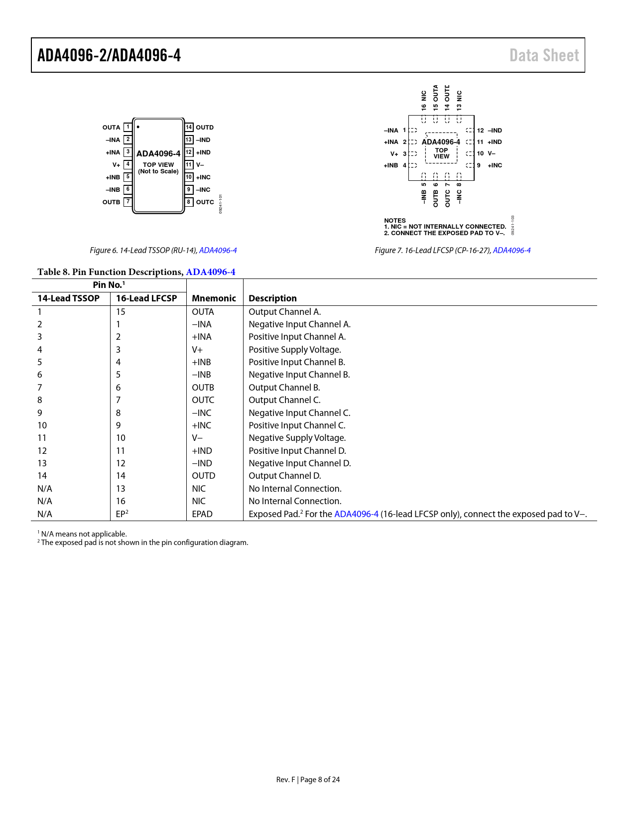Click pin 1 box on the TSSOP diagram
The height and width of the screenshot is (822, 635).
128,127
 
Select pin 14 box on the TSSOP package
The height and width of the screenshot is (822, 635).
189,127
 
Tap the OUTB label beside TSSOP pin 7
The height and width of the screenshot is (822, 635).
111,202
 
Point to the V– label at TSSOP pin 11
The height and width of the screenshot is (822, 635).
200,165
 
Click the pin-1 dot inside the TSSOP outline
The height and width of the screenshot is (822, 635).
138,127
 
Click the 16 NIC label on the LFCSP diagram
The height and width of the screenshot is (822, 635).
424,100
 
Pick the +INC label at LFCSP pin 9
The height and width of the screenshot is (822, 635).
495,165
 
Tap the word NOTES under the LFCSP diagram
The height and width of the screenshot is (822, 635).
395,220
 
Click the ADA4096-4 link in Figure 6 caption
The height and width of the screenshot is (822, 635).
218,250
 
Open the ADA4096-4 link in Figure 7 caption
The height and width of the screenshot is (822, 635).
511,250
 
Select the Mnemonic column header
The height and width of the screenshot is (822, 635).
214,298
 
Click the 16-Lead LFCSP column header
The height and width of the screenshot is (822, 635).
146,298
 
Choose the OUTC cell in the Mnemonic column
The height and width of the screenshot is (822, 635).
203,400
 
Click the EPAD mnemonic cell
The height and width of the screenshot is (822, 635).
202,514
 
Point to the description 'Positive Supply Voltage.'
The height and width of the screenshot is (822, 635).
295,350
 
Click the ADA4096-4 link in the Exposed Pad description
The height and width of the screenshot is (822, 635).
356,514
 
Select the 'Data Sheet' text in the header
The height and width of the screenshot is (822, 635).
544,55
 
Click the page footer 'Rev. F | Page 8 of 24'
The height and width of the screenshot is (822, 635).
308,780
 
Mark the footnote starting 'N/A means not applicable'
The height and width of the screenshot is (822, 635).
84,534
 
